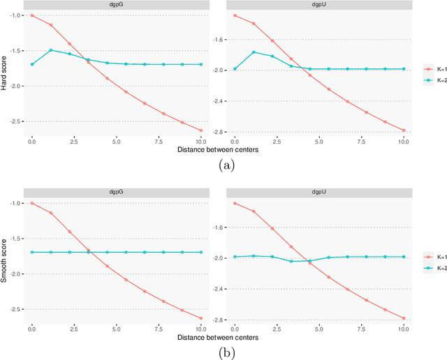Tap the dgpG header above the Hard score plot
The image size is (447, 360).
pyautogui.click(x=116, y=5)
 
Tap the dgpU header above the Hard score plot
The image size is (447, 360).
pyautogui.click(x=318, y=5)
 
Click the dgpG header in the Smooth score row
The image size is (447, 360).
pyautogui.click(x=116, y=193)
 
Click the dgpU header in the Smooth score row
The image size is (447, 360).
pyautogui.click(x=318, y=193)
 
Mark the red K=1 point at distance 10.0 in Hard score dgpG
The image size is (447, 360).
pyautogui.click(x=200, y=130)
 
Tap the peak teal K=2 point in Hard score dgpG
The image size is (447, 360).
pyautogui.click(x=50, y=50)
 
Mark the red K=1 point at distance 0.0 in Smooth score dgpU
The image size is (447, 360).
pyautogui.click(x=234, y=203)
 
